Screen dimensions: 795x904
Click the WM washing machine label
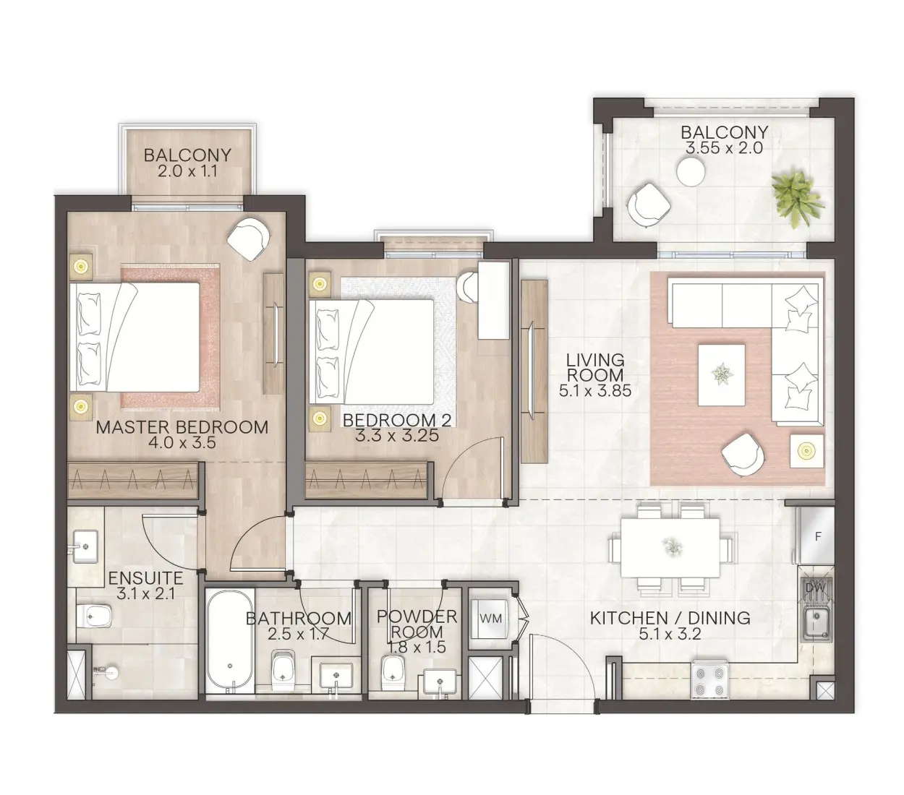(492, 619)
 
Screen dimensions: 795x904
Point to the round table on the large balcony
(691, 172)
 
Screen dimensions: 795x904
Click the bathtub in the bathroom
(229, 641)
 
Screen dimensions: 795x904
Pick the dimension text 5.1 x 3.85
(595, 391)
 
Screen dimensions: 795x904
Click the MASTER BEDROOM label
(182, 427)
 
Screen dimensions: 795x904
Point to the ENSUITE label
(145, 579)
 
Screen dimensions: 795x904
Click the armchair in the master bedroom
(248, 239)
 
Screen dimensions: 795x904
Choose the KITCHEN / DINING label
(670, 619)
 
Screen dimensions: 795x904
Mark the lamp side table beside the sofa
(806, 452)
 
